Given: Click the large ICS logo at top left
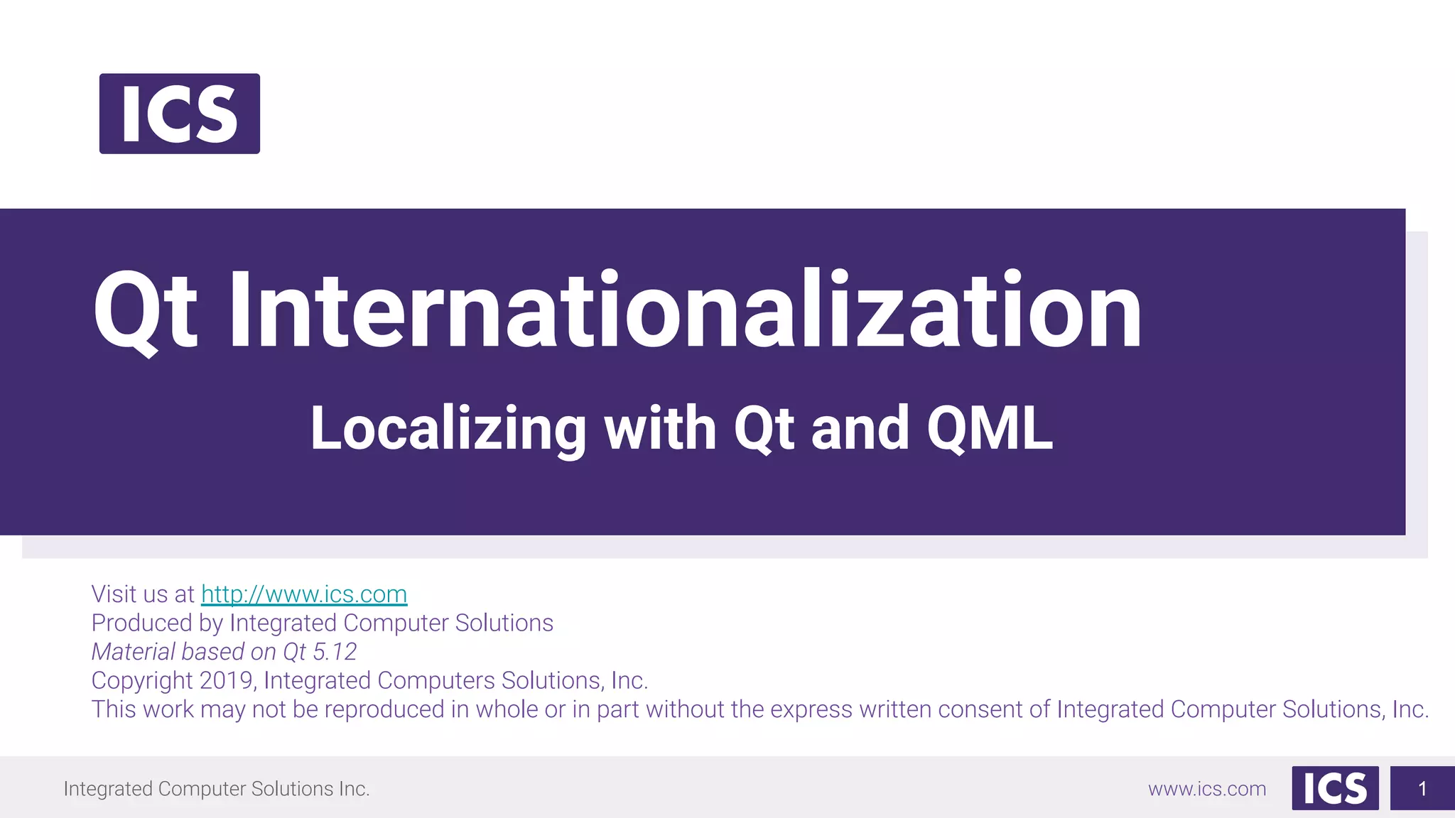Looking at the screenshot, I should pos(179,114).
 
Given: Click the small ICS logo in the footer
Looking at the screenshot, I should pos(1335,788).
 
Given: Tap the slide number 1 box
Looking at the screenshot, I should pos(1422,788).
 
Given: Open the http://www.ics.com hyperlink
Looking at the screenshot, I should pos(304,594).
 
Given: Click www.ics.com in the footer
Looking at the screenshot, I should pos(1207,789).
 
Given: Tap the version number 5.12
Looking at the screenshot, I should pos(335,651).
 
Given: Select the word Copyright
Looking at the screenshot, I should pos(142,680).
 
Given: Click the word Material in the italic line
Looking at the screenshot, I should pos(134,651).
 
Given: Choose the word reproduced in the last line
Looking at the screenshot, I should pos(384,709).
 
